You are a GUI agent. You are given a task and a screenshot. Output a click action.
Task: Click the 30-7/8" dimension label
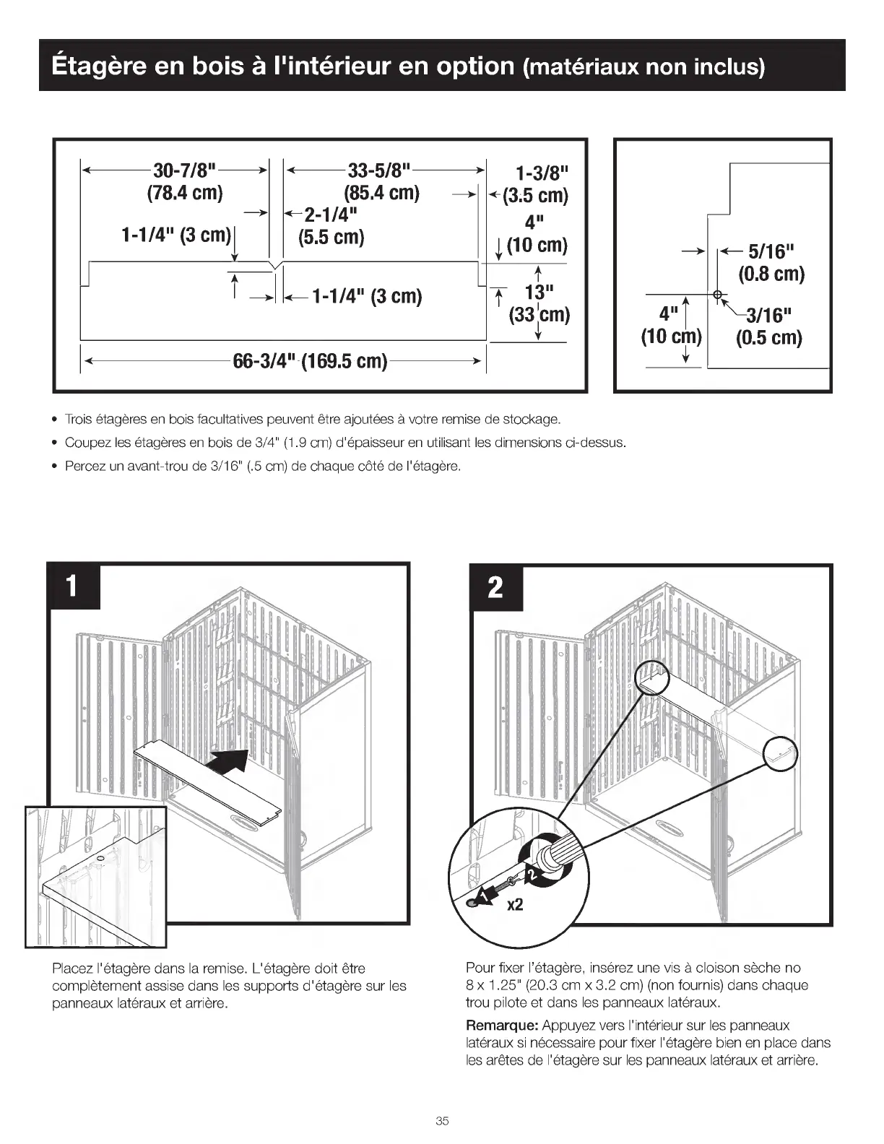(185, 171)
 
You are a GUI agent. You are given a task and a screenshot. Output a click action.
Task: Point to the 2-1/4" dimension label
(331, 215)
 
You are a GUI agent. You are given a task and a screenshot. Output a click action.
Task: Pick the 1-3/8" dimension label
(542, 173)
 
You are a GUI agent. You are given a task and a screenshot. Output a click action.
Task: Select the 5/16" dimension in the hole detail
(771, 251)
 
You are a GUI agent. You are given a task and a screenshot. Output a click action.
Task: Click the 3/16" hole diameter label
(768, 315)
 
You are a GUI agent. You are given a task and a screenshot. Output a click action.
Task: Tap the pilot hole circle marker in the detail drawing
(717, 295)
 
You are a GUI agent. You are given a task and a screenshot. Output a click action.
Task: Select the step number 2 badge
(495, 587)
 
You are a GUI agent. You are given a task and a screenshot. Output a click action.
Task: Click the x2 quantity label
(514, 904)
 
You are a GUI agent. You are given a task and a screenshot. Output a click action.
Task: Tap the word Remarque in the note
(501, 1026)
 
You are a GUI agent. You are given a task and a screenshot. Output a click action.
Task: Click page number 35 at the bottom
(442, 1121)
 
